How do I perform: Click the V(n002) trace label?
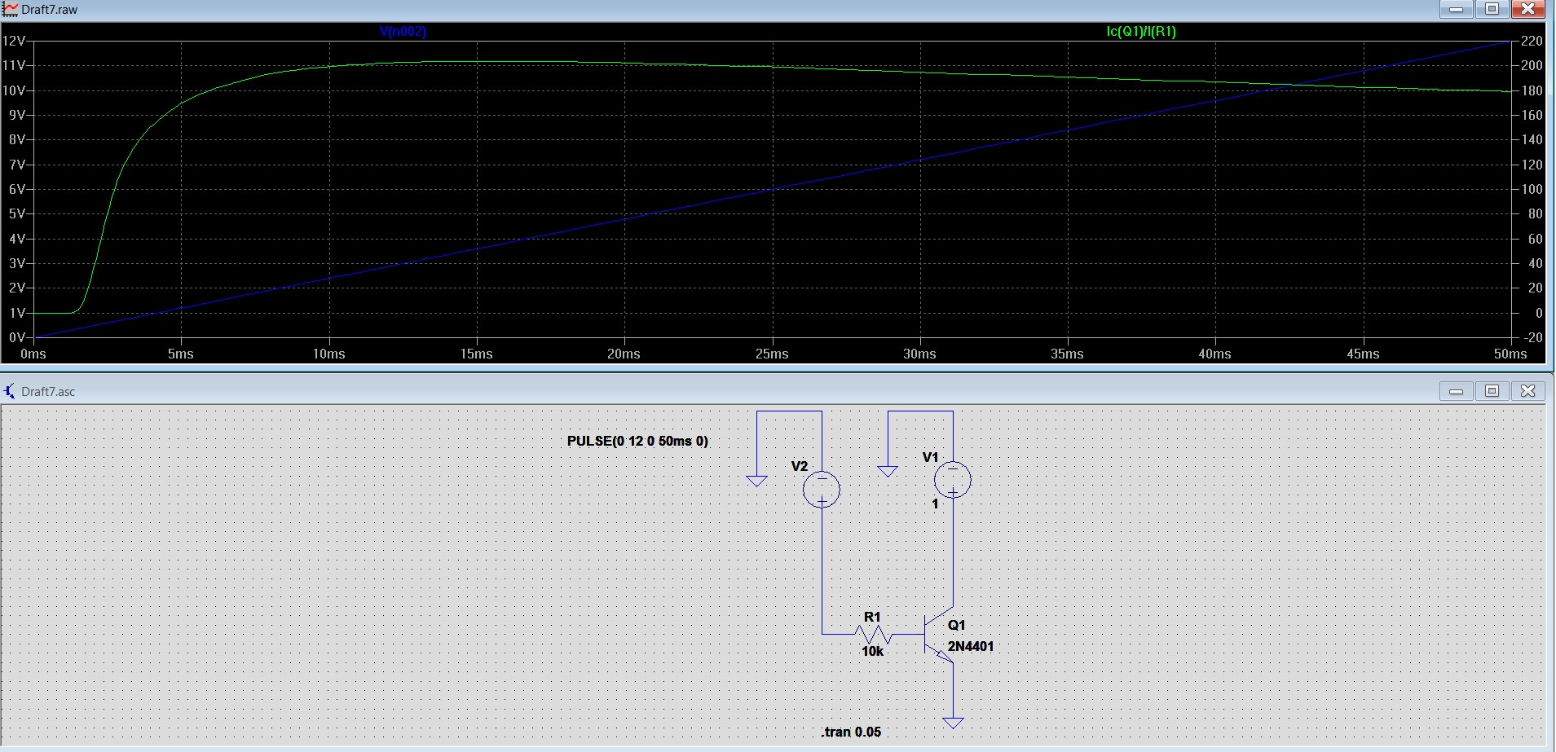pos(403,32)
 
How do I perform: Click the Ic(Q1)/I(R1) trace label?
pos(1140,32)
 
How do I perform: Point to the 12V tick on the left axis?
pos(14,41)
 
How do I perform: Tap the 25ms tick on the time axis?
pos(771,354)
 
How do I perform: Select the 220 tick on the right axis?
pos(1532,41)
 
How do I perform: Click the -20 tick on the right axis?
pos(1532,337)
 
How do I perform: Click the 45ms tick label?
pos(1363,354)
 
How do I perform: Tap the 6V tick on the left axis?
pos(16,189)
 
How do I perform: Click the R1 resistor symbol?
pos(873,634)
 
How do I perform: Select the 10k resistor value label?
pos(872,652)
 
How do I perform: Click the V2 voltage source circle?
pos(822,490)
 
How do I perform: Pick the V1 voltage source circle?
pos(952,480)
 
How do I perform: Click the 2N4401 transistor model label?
pos(970,647)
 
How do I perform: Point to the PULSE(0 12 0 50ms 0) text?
pos(637,442)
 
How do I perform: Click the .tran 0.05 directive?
pos(851,732)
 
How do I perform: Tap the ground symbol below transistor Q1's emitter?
pos(952,723)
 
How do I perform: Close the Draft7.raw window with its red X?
pos(1527,9)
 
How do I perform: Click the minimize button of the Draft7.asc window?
pos(1456,391)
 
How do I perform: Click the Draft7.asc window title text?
pos(48,392)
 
